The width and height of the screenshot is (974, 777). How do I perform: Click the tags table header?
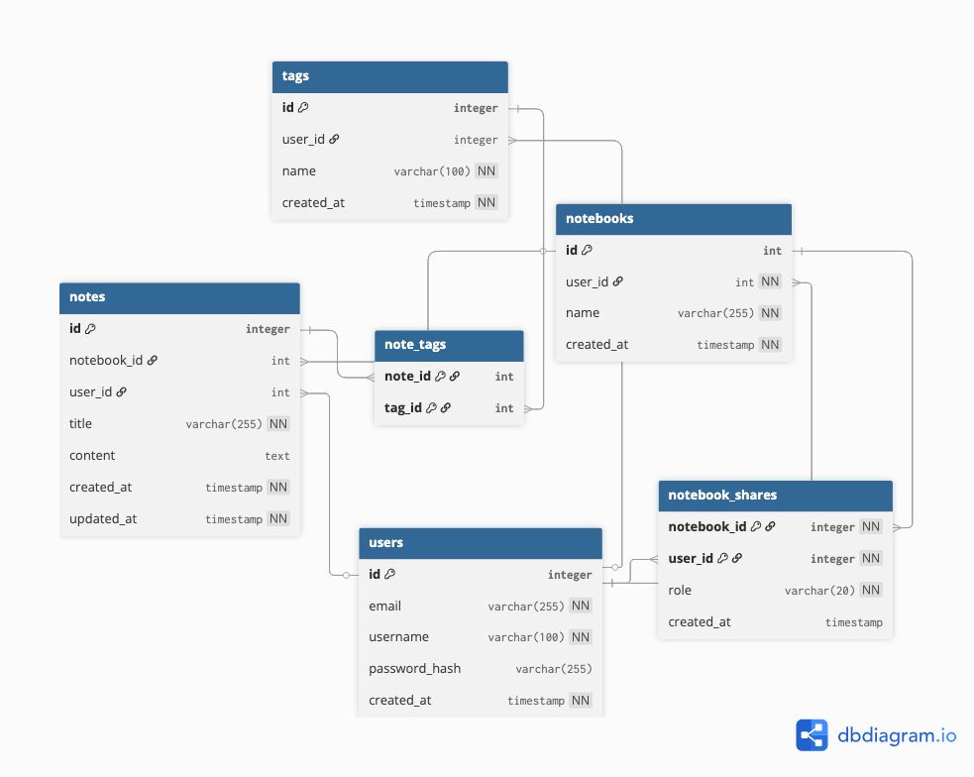point(390,76)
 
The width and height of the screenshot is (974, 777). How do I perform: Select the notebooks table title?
point(599,219)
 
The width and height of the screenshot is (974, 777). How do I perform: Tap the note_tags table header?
point(449,345)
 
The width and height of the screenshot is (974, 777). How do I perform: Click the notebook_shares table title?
point(722,495)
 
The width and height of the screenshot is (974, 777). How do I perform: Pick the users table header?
point(481,543)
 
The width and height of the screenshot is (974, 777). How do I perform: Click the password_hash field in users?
point(415,669)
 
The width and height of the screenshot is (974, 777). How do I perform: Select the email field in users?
point(385,607)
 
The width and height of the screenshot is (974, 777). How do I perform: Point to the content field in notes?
point(92,456)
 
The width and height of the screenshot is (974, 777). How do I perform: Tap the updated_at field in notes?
point(103,519)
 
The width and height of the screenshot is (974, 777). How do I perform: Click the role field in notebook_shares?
point(680,590)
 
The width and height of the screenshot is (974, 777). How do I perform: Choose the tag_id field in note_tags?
point(403,408)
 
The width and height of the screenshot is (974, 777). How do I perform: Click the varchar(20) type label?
point(819,591)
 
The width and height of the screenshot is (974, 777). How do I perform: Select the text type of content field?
point(277,456)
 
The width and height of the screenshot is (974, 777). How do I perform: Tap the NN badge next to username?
point(581,637)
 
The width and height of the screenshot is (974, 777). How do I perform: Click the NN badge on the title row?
point(278,424)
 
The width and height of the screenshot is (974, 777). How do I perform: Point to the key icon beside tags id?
point(303,107)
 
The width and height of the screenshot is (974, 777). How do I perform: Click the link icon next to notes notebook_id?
point(153,360)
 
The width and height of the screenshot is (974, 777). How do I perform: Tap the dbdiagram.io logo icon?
point(812,735)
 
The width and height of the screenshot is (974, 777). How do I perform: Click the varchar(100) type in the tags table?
point(432,171)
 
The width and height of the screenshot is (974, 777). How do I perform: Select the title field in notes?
point(80,424)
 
